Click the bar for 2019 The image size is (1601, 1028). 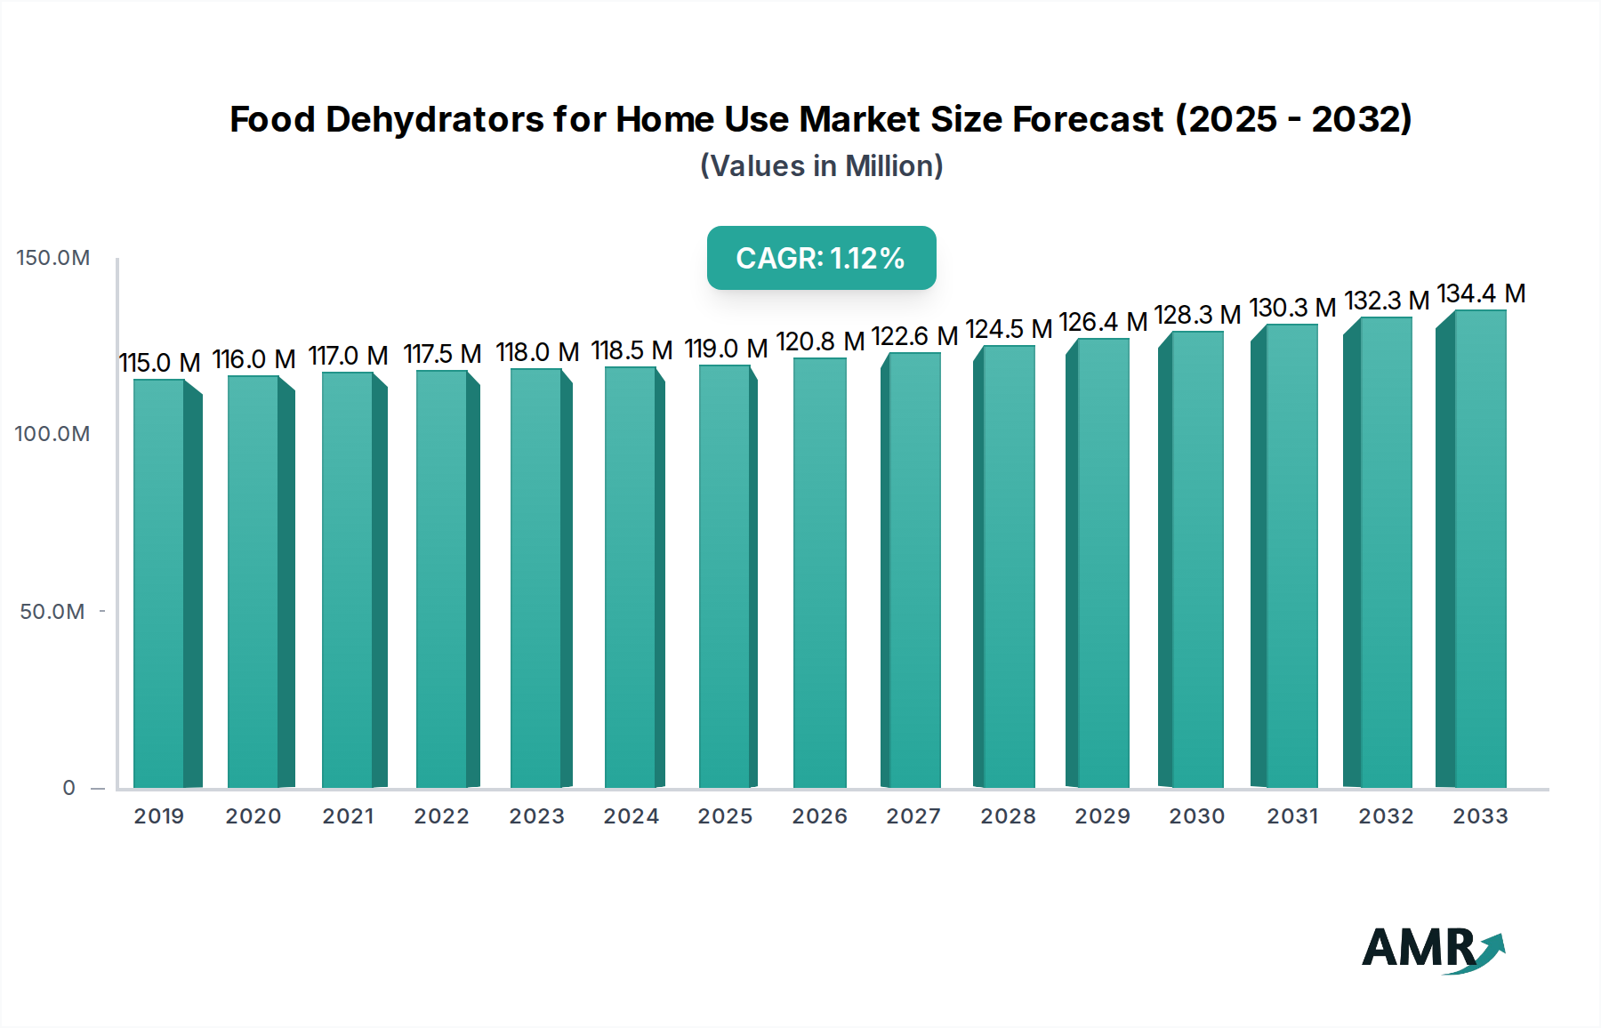point(160,583)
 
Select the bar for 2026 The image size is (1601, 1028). point(819,574)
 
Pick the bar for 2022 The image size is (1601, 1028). point(442,579)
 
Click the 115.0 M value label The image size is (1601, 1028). point(159,363)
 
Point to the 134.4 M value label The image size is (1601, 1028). point(1481,293)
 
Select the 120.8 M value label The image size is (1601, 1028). point(820,341)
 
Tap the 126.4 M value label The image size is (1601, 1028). point(1103,322)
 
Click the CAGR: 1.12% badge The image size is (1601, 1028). point(821,258)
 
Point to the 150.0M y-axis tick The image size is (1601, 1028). point(53,258)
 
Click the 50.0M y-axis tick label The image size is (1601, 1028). point(52,612)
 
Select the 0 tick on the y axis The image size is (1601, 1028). point(69,788)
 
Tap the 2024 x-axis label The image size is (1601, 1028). point(631,816)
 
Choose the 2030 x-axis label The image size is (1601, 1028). point(1196,816)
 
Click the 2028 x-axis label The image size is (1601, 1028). point(1008,816)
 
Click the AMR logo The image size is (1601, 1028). point(1432,949)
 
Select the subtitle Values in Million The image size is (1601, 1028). point(821,166)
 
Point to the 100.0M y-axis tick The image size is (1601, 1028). point(52,434)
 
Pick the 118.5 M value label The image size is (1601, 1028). point(632,350)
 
